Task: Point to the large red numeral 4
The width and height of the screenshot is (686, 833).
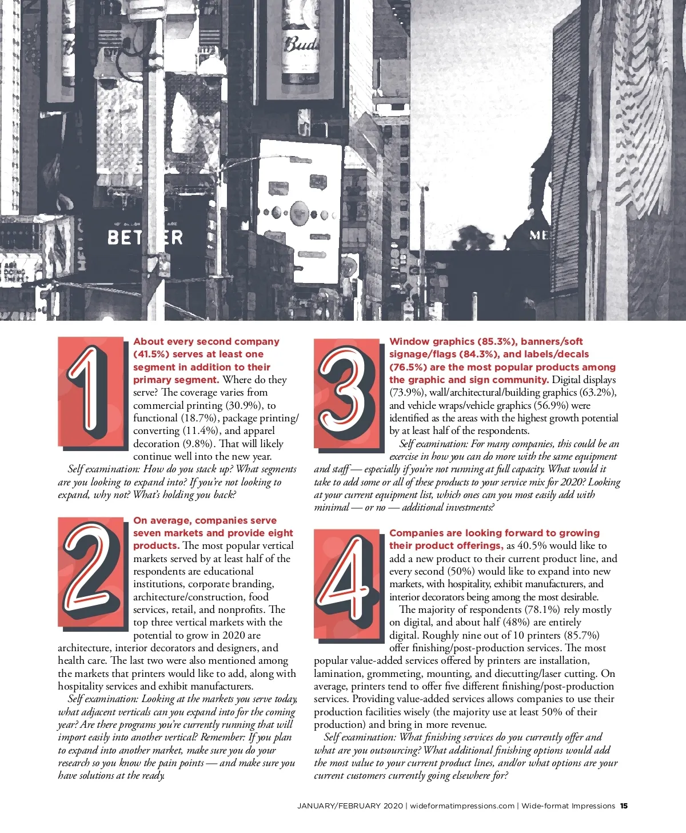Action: [346, 578]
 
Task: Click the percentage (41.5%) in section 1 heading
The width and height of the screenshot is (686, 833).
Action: [150, 354]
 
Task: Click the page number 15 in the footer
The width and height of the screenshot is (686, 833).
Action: [624, 806]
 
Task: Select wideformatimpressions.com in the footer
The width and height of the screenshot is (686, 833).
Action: [462, 806]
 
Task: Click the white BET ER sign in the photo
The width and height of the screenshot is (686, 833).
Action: [145, 237]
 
